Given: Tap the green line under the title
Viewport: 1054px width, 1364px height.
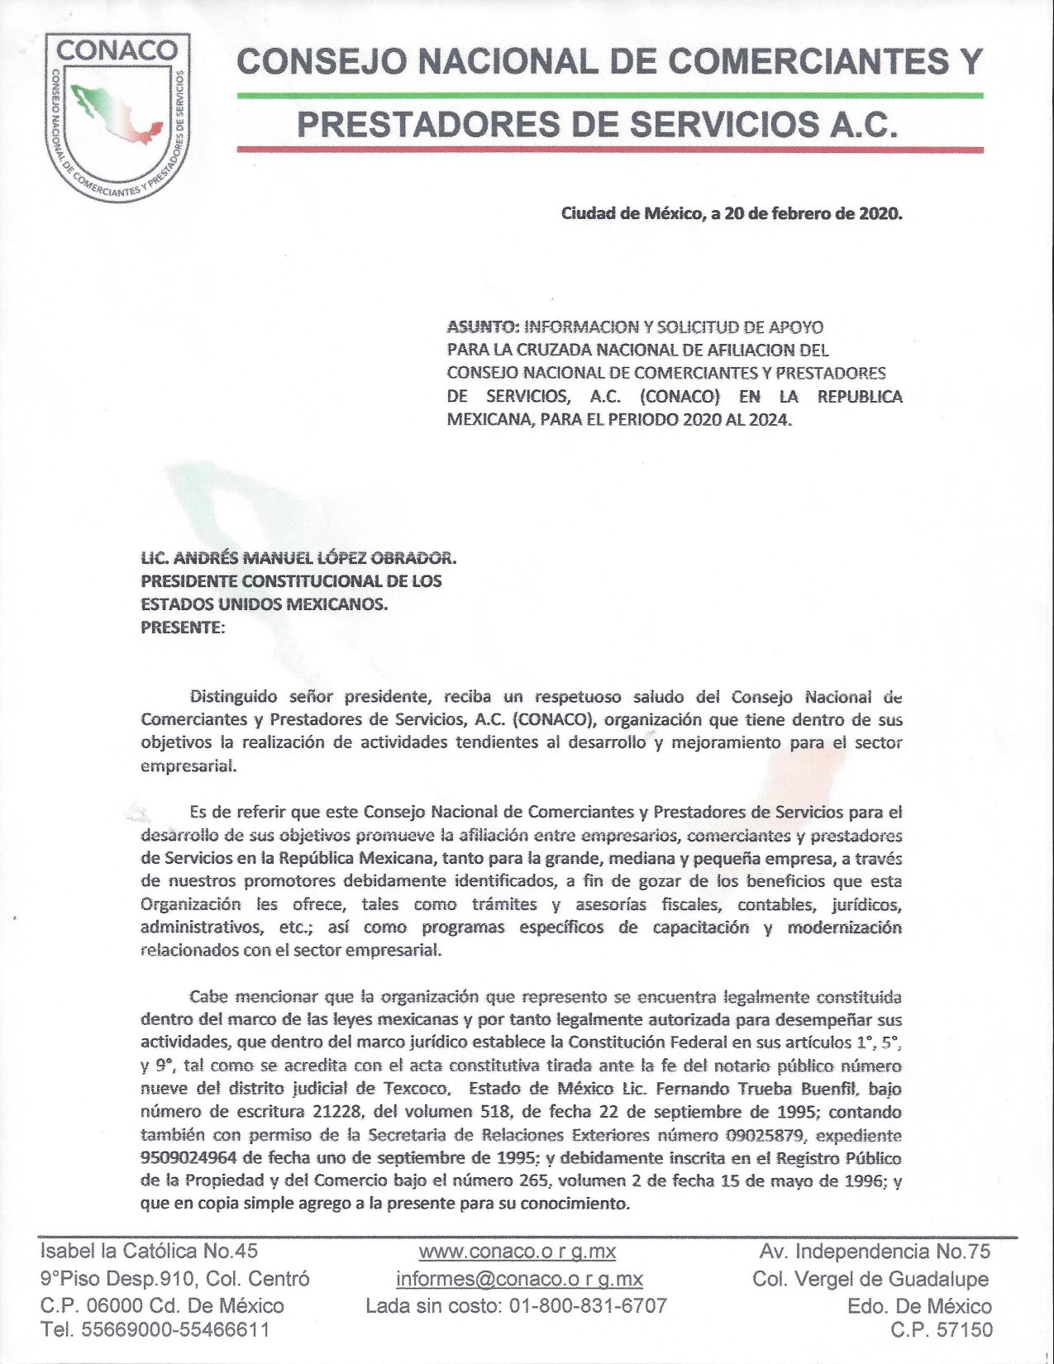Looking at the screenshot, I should tap(609, 96).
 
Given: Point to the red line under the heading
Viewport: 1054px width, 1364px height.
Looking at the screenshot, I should tap(609, 150).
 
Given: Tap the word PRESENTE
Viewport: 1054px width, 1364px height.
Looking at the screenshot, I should tap(181, 627).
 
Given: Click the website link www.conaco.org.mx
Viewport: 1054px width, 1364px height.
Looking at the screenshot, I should tap(517, 1251).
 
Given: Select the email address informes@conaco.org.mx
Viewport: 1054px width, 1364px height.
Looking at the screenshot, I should tap(518, 1279).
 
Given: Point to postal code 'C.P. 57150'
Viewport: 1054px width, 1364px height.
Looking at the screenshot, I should tap(943, 1331).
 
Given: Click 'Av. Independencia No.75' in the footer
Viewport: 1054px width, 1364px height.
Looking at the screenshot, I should tap(875, 1251).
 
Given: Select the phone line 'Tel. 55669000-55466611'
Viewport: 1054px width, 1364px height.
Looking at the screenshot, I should tap(155, 1331).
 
